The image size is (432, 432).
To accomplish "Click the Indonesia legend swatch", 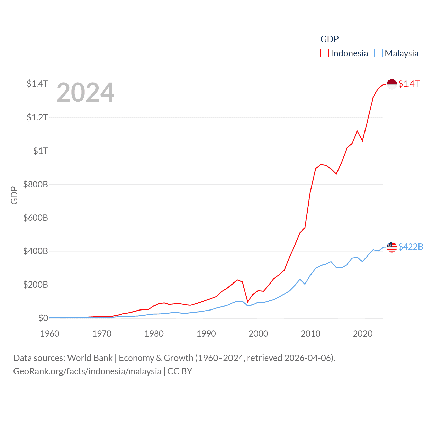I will (324, 53).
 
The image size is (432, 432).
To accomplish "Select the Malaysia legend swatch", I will (379, 53).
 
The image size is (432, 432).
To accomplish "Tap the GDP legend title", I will (329, 39).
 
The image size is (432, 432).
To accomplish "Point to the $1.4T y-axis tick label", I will (37, 84).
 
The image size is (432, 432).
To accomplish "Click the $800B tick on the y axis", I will (35, 184).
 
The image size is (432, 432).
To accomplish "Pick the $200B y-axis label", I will (35, 285).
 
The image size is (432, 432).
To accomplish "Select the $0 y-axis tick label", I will (43, 318).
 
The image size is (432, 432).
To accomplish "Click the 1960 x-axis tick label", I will (50, 334).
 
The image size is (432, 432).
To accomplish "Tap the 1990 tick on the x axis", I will (206, 334).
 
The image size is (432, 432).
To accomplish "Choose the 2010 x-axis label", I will (310, 334).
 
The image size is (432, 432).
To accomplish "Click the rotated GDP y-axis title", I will (14, 195).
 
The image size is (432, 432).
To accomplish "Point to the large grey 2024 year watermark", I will (85, 92).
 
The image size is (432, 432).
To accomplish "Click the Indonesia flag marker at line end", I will (391, 84).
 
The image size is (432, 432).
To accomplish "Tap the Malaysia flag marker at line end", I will (391, 247).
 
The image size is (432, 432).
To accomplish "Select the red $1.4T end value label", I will (409, 84).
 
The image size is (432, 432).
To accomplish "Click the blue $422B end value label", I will (410, 247).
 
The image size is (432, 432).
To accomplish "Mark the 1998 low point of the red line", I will (248, 302).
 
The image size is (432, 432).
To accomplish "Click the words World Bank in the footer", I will (90, 358).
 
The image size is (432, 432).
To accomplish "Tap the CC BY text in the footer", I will (180, 371).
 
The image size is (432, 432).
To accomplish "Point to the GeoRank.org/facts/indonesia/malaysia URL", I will (87, 371).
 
